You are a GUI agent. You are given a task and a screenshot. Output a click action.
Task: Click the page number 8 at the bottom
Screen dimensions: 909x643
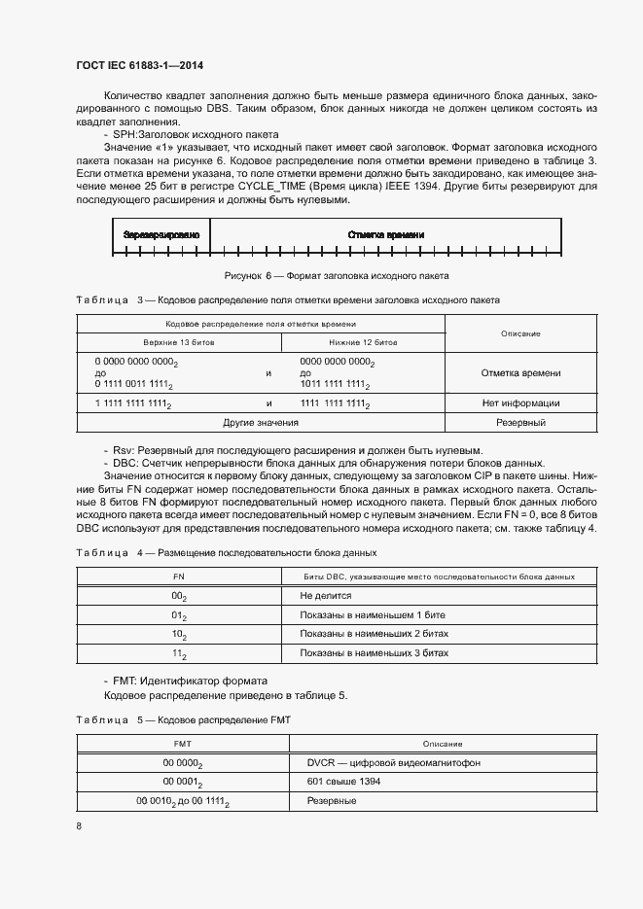(79, 826)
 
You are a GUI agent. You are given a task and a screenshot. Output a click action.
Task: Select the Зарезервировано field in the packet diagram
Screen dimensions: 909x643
(161, 235)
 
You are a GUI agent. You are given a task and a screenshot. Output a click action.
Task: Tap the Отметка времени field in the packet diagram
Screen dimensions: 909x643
(385, 235)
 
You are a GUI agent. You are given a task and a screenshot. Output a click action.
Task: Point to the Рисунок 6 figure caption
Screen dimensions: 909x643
(337, 276)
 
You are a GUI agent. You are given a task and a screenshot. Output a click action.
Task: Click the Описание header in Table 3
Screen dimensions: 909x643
(520, 333)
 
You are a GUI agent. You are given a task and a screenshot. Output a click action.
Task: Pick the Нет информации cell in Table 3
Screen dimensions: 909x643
(520, 402)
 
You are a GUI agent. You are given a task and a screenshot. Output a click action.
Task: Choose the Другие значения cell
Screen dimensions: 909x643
(261, 423)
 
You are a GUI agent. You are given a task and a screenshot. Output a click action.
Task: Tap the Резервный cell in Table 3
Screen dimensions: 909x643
(520, 423)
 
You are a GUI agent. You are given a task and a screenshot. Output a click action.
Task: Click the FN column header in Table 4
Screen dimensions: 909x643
(178, 577)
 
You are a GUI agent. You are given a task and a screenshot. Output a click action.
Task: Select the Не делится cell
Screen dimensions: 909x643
(326, 595)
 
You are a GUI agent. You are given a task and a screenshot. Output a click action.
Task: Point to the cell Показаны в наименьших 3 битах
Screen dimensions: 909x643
(375, 653)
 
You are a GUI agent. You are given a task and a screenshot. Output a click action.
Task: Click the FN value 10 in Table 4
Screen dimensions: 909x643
(178, 634)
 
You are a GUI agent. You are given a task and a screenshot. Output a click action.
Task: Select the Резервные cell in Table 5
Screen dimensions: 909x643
(331, 801)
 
